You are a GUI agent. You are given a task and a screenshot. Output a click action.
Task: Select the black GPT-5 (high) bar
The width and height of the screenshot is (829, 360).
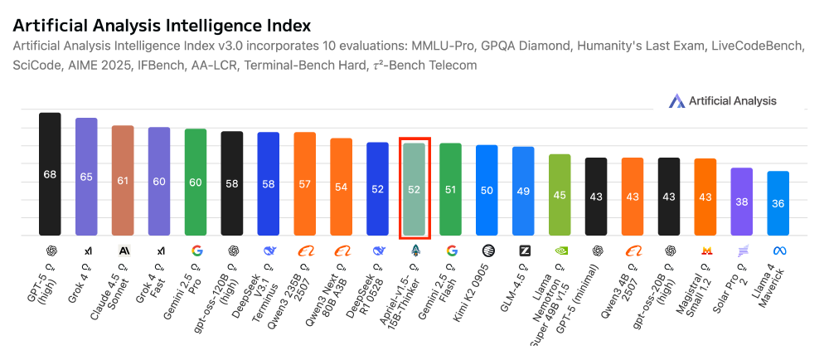tap(50, 174)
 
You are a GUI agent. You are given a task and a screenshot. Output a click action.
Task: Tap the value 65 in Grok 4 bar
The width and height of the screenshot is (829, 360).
tap(86, 177)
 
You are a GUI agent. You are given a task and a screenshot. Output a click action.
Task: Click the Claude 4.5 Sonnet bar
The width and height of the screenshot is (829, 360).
tap(123, 180)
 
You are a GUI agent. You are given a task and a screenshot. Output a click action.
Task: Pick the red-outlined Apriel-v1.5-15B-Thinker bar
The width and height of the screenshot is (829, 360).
tap(414, 189)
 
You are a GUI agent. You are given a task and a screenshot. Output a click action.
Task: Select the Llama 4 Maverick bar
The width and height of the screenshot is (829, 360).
tap(778, 203)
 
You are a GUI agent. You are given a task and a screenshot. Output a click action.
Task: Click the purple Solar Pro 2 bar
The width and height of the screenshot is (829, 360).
tap(741, 202)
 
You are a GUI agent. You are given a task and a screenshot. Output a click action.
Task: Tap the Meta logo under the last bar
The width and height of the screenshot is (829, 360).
tap(778, 250)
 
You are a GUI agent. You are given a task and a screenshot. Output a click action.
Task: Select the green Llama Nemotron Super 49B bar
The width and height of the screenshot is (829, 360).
tap(560, 195)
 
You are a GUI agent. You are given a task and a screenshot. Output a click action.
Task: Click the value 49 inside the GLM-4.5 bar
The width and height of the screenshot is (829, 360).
tap(523, 191)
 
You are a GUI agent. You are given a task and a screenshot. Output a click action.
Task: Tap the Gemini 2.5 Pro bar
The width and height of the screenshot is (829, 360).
tap(196, 182)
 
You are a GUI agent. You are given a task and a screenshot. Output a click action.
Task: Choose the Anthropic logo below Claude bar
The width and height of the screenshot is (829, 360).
tap(124, 250)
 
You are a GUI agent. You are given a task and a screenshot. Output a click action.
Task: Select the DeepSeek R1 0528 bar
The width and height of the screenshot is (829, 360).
tap(377, 189)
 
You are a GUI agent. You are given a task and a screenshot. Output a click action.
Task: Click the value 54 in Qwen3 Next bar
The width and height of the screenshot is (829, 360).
tap(341, 187)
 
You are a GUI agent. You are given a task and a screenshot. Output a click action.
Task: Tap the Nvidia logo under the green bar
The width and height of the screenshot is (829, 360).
tap(560, 250)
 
